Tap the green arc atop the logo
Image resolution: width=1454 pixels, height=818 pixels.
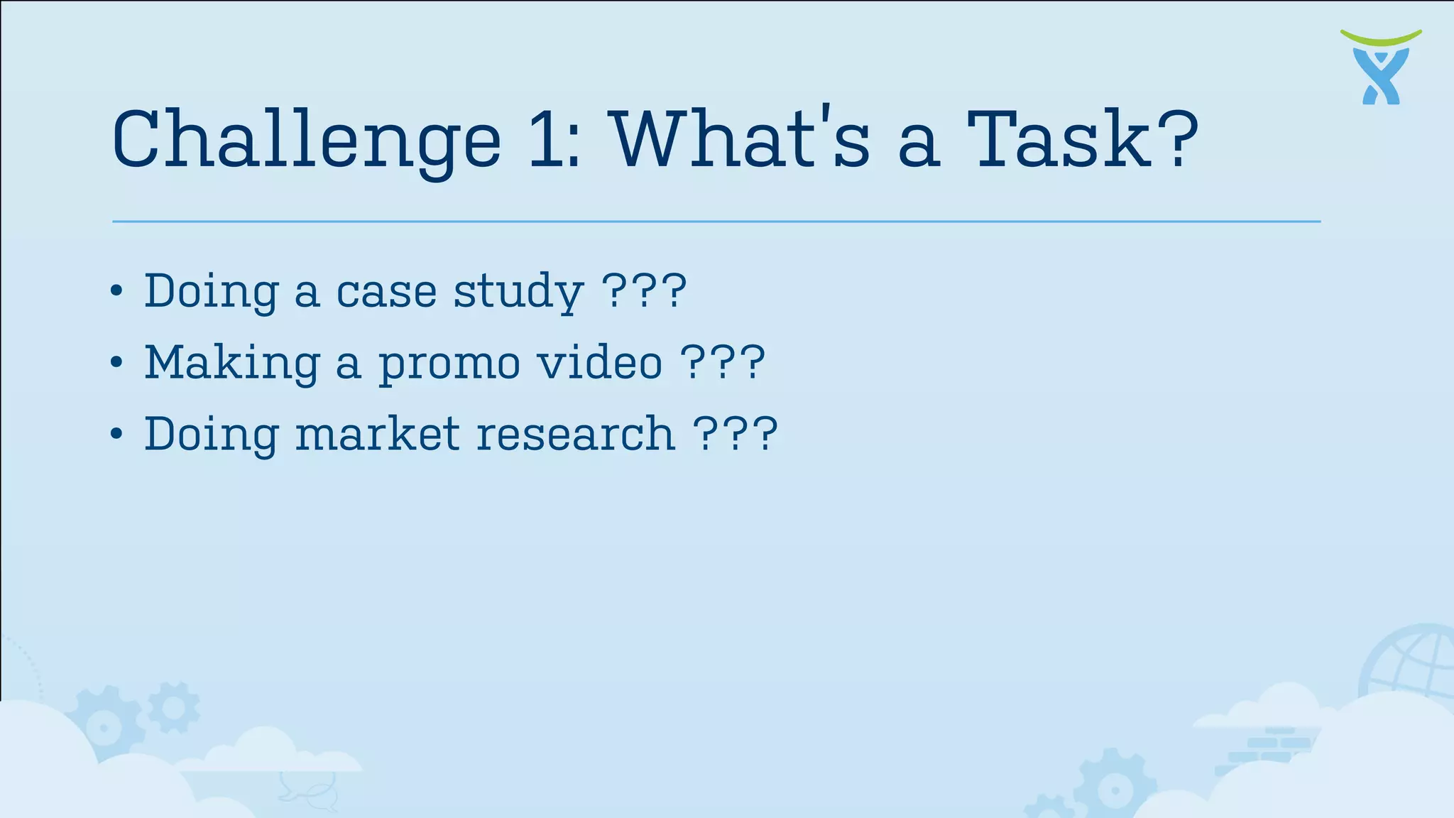(x=1381, y=36)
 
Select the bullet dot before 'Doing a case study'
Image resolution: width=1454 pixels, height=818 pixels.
(x=117, y=291)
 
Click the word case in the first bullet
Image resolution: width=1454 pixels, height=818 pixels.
(x=386, y=291)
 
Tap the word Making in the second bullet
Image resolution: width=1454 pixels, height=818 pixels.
(x=231, y=363)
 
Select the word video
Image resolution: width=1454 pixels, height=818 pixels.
(x=600, y=362)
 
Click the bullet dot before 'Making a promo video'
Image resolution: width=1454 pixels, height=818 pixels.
(x=117, y=363)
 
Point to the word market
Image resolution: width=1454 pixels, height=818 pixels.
(x=377, y=434)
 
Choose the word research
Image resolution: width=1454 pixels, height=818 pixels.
(x=576, y=435)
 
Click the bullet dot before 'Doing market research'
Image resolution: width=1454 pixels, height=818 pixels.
(x=117, y=434)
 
